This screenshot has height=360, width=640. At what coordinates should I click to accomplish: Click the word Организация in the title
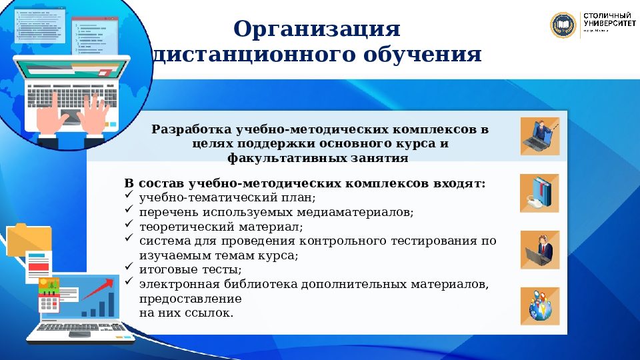317,29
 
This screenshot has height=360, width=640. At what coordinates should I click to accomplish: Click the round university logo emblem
563,25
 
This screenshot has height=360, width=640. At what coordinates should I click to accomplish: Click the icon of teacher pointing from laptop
540,136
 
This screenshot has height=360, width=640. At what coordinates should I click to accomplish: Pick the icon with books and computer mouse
540,193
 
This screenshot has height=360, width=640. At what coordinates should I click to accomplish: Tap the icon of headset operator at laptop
540,249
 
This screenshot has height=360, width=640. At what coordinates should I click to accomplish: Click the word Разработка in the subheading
190,129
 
